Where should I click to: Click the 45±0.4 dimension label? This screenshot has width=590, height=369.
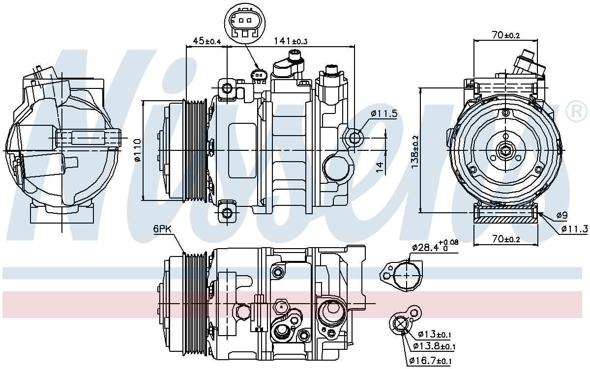click(207, 41)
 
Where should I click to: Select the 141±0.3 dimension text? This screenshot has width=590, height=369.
click(291, 41)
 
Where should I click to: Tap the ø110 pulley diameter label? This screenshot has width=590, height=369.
click(137, 150)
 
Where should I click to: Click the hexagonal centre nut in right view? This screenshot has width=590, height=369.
click(505, 150)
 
